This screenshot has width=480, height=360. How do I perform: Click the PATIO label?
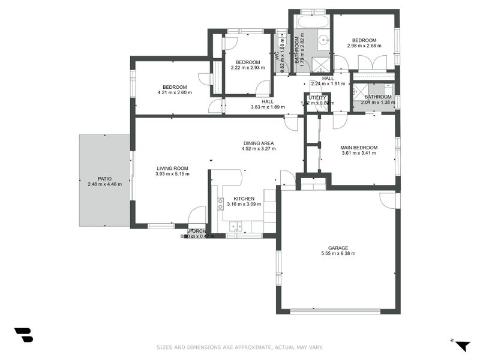(104, 178)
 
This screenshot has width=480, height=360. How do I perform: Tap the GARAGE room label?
(338, 247)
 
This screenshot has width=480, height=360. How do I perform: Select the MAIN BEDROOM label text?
(359, 147)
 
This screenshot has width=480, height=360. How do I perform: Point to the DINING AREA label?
(259, 143)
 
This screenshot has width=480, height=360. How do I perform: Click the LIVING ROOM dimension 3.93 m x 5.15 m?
(172, 174)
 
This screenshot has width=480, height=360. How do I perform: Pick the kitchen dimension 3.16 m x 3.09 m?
(244, 204)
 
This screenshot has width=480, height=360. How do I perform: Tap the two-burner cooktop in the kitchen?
(220, 204)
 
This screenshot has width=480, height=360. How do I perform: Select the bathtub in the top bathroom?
(313, 22)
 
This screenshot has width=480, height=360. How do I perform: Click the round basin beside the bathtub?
(323, 40)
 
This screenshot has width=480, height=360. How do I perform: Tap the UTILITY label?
(317, 98)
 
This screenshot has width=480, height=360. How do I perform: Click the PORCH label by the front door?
(197, 231)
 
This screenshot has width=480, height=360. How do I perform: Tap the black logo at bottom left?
(23, 335)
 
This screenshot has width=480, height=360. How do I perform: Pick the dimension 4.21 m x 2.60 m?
(175, 92)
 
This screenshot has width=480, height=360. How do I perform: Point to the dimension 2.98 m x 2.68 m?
(364, 46)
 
